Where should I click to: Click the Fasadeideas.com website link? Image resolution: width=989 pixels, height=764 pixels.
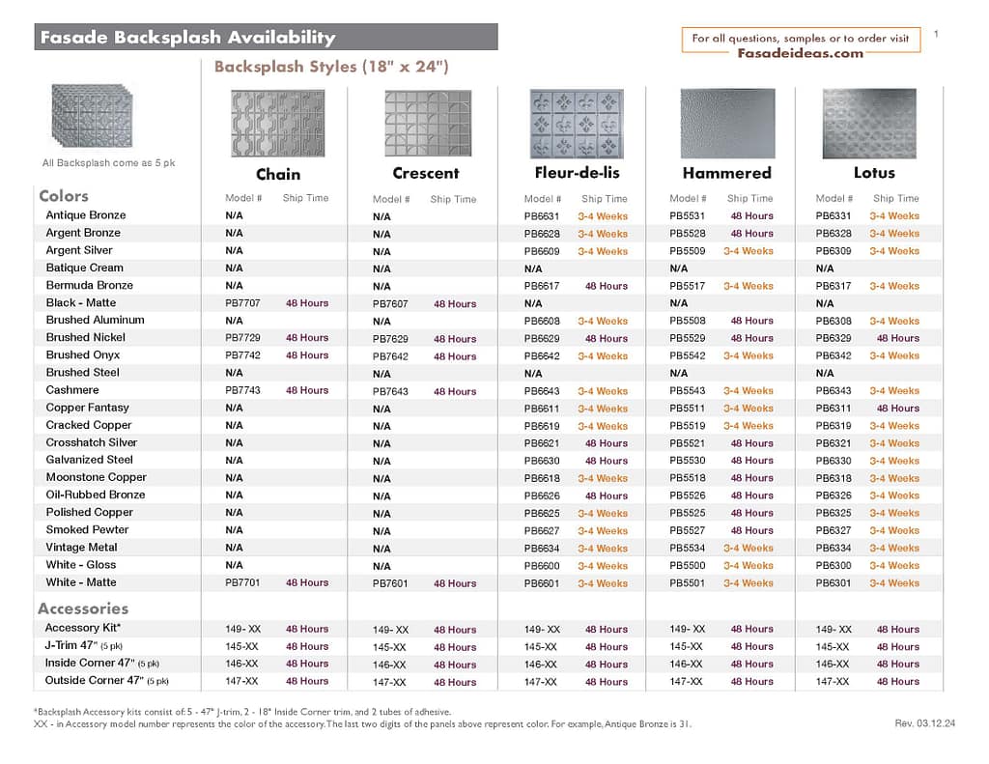(801, 53)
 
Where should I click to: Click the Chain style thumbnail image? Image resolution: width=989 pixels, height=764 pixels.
(278, 123)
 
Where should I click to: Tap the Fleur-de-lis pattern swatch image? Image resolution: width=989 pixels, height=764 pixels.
(578, 123)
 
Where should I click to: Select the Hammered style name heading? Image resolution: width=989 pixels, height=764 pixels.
(726, 173)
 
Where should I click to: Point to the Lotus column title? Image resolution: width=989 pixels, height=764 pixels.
(874, 173)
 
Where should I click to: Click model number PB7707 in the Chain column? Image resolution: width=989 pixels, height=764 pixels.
(242, 303)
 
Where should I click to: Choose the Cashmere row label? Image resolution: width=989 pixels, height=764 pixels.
(72, 390)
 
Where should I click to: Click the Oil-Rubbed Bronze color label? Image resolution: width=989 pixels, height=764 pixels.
(96, 495)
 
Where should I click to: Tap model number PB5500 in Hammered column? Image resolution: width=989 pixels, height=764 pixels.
(688, 565)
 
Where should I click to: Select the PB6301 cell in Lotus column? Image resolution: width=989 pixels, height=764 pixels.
(834, 582)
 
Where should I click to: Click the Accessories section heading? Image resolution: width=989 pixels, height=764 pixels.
(83, 608)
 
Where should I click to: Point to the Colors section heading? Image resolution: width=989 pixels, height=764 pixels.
(64, 196)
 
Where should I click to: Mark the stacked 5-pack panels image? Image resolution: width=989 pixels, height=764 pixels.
(92, 115)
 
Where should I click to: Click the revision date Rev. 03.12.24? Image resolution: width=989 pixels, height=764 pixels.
(924, 723)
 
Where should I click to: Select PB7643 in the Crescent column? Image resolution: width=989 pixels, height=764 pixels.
(390, 391)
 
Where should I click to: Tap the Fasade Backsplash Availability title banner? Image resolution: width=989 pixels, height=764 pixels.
(266, 38)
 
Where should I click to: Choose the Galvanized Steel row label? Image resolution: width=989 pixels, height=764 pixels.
(90, 460)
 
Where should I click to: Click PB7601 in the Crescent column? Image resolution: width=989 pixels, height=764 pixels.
(390, 583)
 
